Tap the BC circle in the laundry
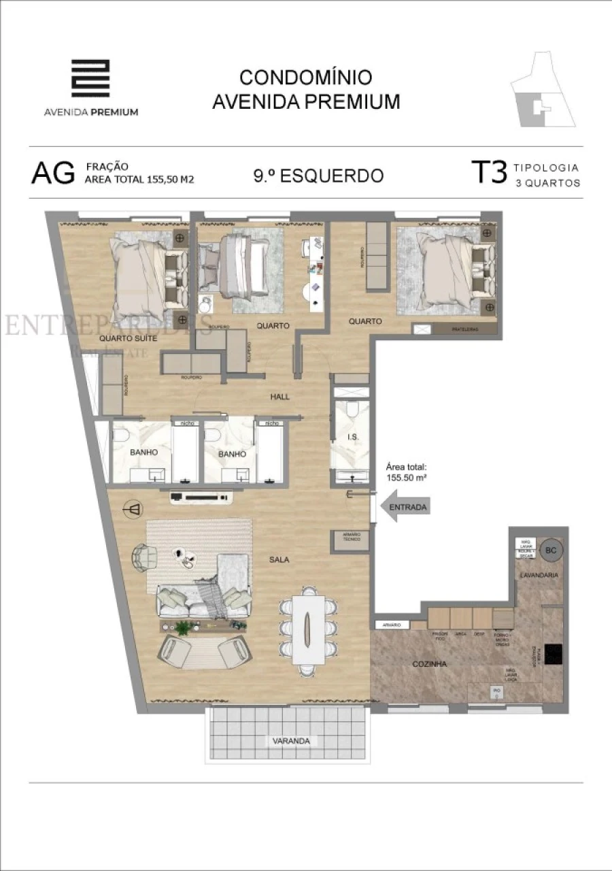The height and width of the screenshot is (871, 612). coord(551,550)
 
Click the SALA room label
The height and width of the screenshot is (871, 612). coord(279,560)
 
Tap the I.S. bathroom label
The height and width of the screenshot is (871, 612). coord(352,436)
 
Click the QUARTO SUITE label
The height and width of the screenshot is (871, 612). coord(129,338)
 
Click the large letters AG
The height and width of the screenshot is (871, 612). coord(52,174)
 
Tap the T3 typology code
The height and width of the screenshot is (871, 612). coord(489,173)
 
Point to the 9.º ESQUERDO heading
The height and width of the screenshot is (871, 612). coord(318,176)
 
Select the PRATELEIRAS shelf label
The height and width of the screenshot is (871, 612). coord(465,330)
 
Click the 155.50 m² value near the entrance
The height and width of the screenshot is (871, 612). coord(406,478)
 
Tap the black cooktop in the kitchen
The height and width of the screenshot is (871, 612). coord(553,653)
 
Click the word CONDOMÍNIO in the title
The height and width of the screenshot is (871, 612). coord(305,77)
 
